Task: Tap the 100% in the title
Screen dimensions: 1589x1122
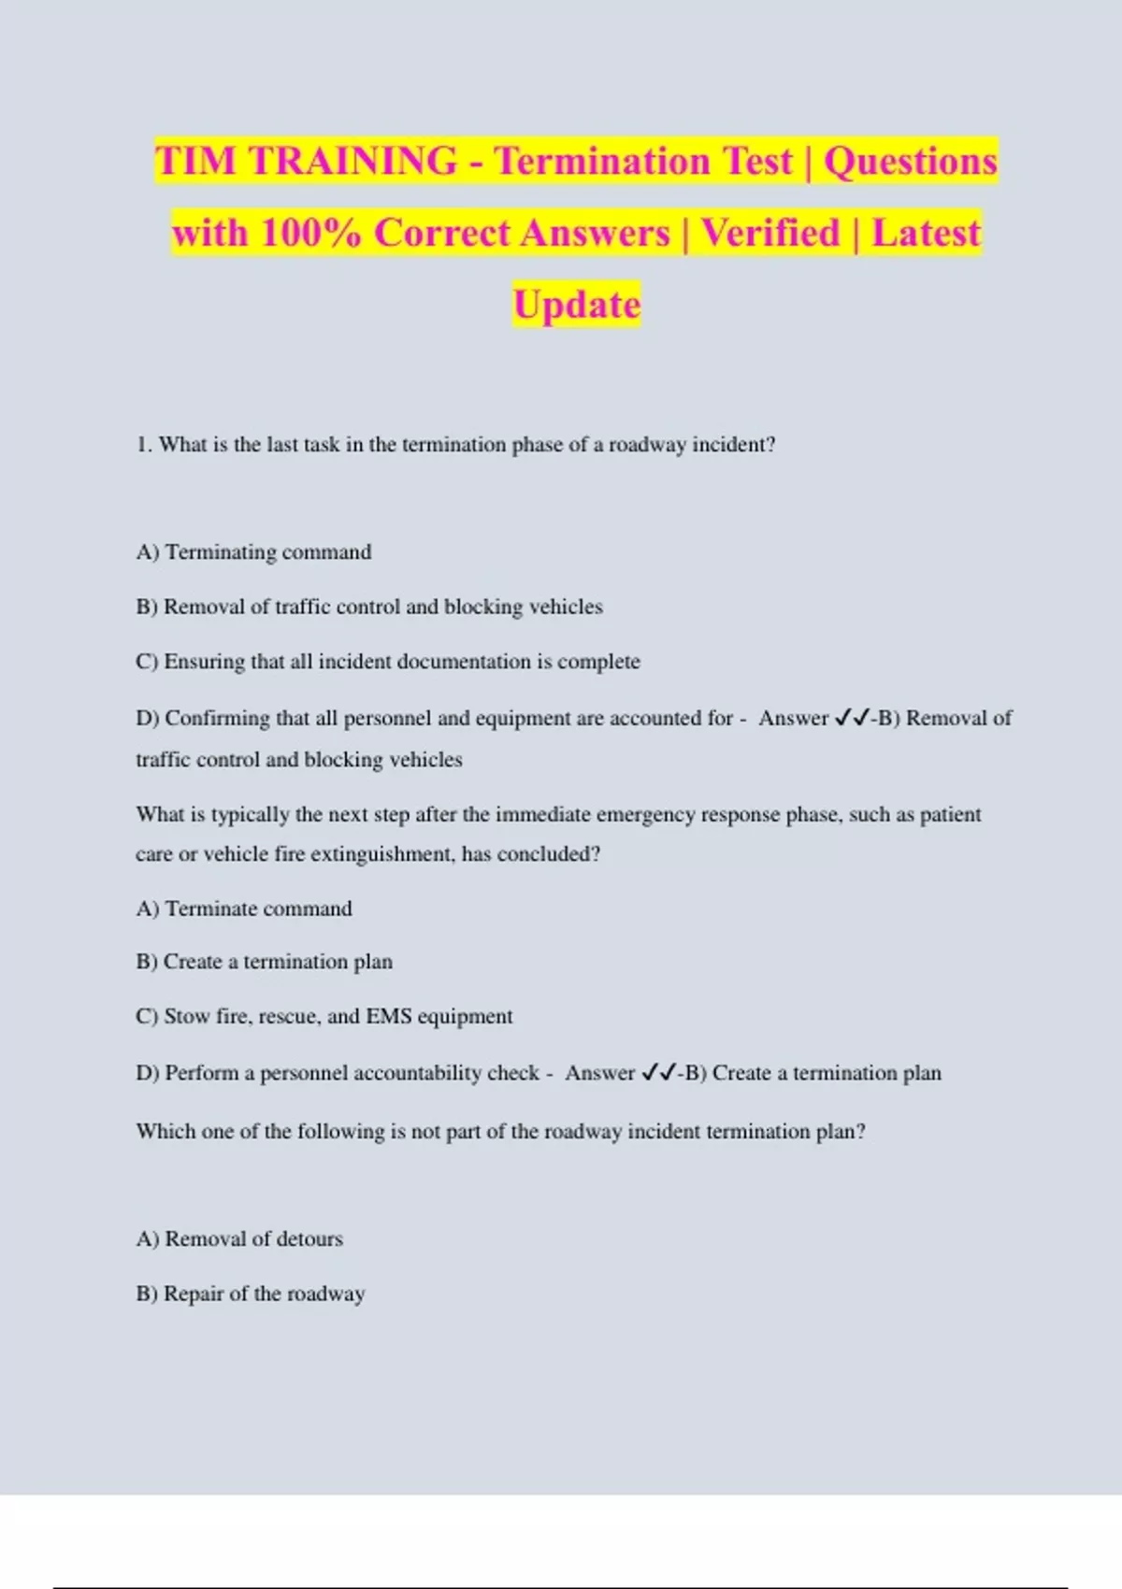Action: [310, 233]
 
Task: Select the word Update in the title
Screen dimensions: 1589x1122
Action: [577, 305]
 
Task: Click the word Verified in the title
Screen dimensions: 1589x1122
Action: [770, 233]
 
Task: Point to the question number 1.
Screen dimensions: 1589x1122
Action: [143, 445]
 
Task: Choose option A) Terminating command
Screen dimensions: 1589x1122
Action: [253, 552]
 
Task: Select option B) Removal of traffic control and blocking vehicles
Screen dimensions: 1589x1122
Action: [369, 607]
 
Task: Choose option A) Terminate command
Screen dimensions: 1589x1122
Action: [244, 909]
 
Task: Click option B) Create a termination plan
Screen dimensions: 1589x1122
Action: [264, 962]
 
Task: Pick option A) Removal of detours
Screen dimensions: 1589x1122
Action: [239, 1239]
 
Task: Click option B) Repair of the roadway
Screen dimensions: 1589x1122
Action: [250, 1294]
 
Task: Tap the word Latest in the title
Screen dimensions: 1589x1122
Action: [926, 233]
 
